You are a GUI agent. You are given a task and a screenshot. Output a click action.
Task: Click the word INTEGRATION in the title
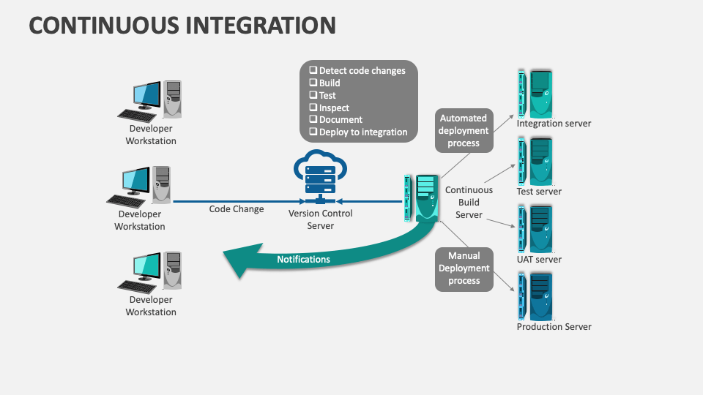[x=260, y=25]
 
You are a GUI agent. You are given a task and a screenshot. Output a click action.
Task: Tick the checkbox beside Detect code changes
[x=313, y=71]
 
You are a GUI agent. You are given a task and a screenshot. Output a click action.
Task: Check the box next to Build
[x=313, y=83]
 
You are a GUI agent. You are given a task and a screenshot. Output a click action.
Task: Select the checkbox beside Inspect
[x=313, y=108]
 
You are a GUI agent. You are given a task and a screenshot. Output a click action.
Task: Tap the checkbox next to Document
[x=313, y=120]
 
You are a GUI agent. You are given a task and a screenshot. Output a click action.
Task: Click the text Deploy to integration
[x=363, y=132]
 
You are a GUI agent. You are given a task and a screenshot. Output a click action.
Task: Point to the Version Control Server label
[x=320, y=219]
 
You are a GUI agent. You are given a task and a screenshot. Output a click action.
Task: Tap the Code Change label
[x=237, y=209]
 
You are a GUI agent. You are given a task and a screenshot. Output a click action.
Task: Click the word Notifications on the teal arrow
[x=303, y=260]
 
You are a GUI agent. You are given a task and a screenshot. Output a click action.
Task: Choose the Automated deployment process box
[x=464, y=131]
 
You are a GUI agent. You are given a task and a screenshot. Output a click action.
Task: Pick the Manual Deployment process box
[x=464, y=268]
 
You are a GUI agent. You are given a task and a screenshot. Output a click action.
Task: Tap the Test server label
[x=539, y=192]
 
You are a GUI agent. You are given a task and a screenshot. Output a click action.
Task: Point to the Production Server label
[x=554, y=327]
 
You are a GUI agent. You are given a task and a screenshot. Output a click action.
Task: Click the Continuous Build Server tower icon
[x=424, y=197]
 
